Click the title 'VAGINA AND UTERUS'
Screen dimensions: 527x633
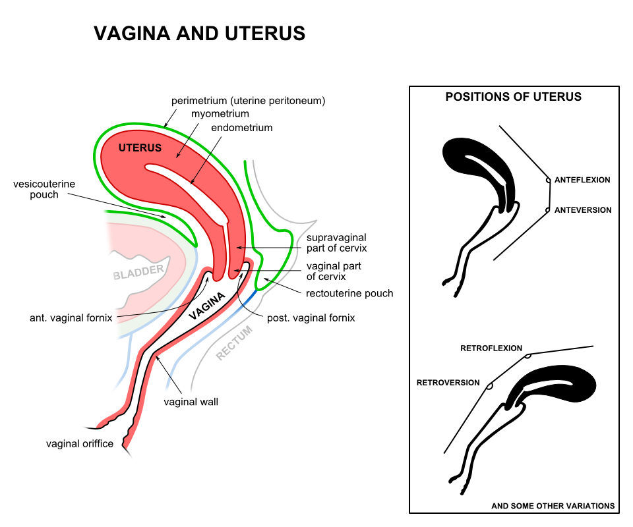pos(200,34)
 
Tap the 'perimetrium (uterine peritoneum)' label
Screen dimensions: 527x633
pos(249,101)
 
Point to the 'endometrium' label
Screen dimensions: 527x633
pos(241,128)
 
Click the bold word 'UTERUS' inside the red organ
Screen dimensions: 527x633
pos(140,148)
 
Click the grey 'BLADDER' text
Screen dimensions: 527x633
pos(138,272)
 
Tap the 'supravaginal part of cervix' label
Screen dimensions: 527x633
pos(336,242)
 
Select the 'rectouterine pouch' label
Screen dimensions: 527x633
pos(349,293)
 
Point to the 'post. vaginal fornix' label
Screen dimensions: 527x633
pos(311,318)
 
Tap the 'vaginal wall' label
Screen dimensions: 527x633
pos(191,401)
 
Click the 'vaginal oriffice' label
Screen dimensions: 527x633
pos(79,443)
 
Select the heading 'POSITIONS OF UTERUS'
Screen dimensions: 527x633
pos(514,97)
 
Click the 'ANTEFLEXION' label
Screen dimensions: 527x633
pos(582,180)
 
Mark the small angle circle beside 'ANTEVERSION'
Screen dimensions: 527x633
pos(547,210)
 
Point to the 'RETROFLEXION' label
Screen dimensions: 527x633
pos(491,348)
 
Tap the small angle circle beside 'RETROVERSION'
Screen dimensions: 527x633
pos(489,387)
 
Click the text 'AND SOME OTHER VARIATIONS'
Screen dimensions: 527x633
pos(553,506)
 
